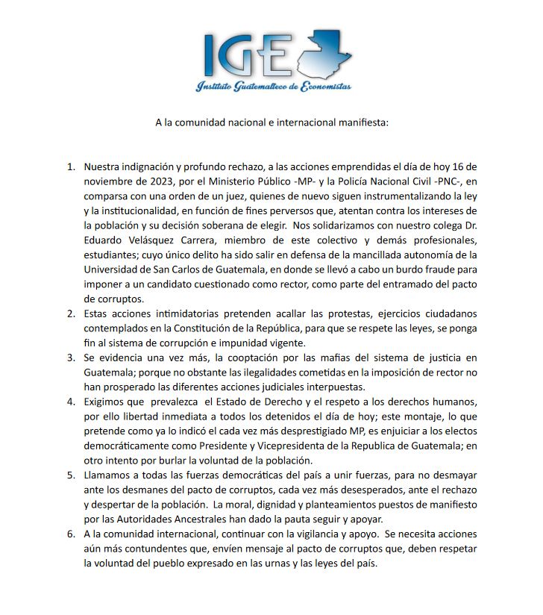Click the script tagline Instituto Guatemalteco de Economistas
tap(273, 87)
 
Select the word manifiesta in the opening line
tap(363, 122)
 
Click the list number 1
tap(71, 165)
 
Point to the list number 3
tap(71, 358)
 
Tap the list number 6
tap(71, 535)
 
